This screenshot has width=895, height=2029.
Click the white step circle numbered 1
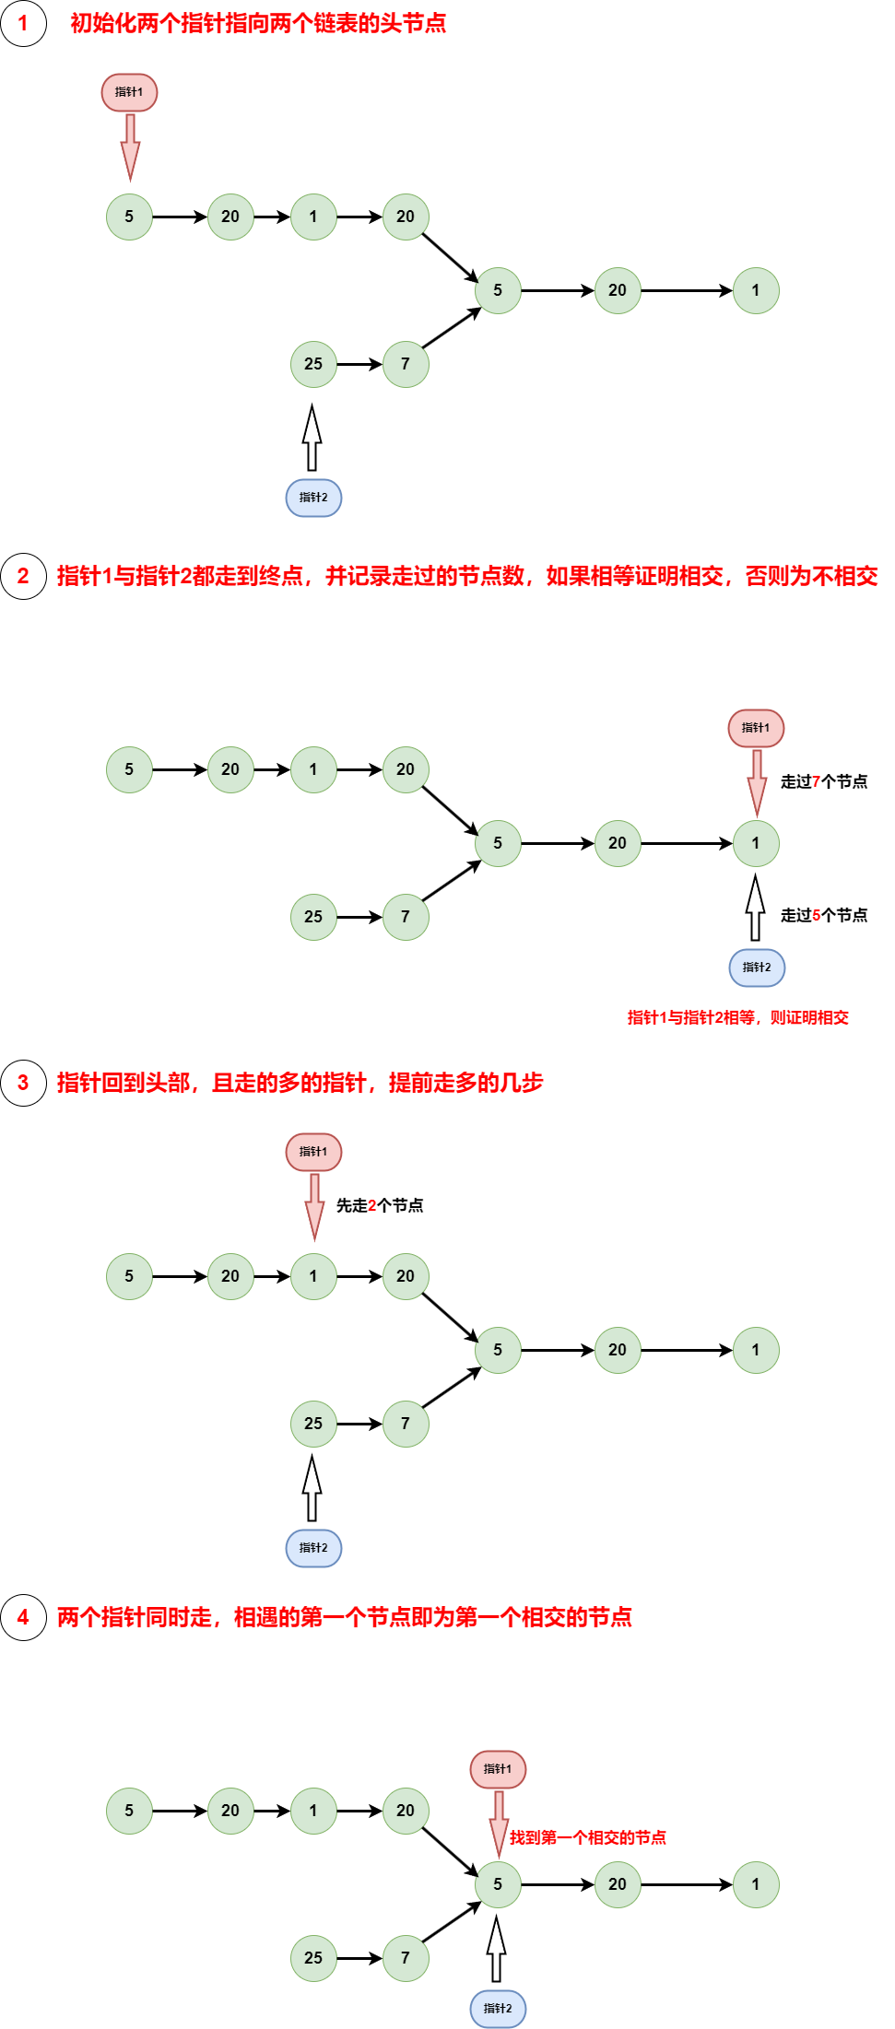click(x=23, y=23)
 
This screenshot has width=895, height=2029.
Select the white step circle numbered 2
click(x=23, y=576)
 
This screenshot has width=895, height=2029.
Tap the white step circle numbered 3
click(x=23, y=1083)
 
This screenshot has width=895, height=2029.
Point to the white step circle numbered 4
click(x=23, y=1617)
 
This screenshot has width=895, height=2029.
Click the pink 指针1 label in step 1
click(x=129, y=92)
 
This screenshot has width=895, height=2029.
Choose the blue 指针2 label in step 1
click(x=313, y=498)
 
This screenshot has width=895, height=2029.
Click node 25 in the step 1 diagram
click(x=313, y=364)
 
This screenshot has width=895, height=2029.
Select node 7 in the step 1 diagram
click(x=406, y=364)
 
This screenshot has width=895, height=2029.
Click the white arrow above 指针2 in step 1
click(x=312, y=440)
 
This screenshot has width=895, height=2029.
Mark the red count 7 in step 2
click(x=816, y=781)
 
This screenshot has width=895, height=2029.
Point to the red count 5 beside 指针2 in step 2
click(x=816, y=915)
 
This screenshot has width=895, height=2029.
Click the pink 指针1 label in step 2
click(x=756, y=728)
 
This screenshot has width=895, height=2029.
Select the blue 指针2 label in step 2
click(x=757, y=968)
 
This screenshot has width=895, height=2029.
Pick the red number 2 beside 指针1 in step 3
click(x=371, y=1205)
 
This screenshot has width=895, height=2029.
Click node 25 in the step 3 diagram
click(x=313, y=1424)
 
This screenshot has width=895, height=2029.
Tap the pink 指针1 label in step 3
click(x=313, y=1152)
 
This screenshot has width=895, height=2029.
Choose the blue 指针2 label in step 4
click(x=498, y=2009)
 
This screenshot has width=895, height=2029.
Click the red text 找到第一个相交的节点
click(x=588, y=1838)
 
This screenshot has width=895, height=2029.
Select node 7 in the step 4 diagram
click(x=406, y=1958)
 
